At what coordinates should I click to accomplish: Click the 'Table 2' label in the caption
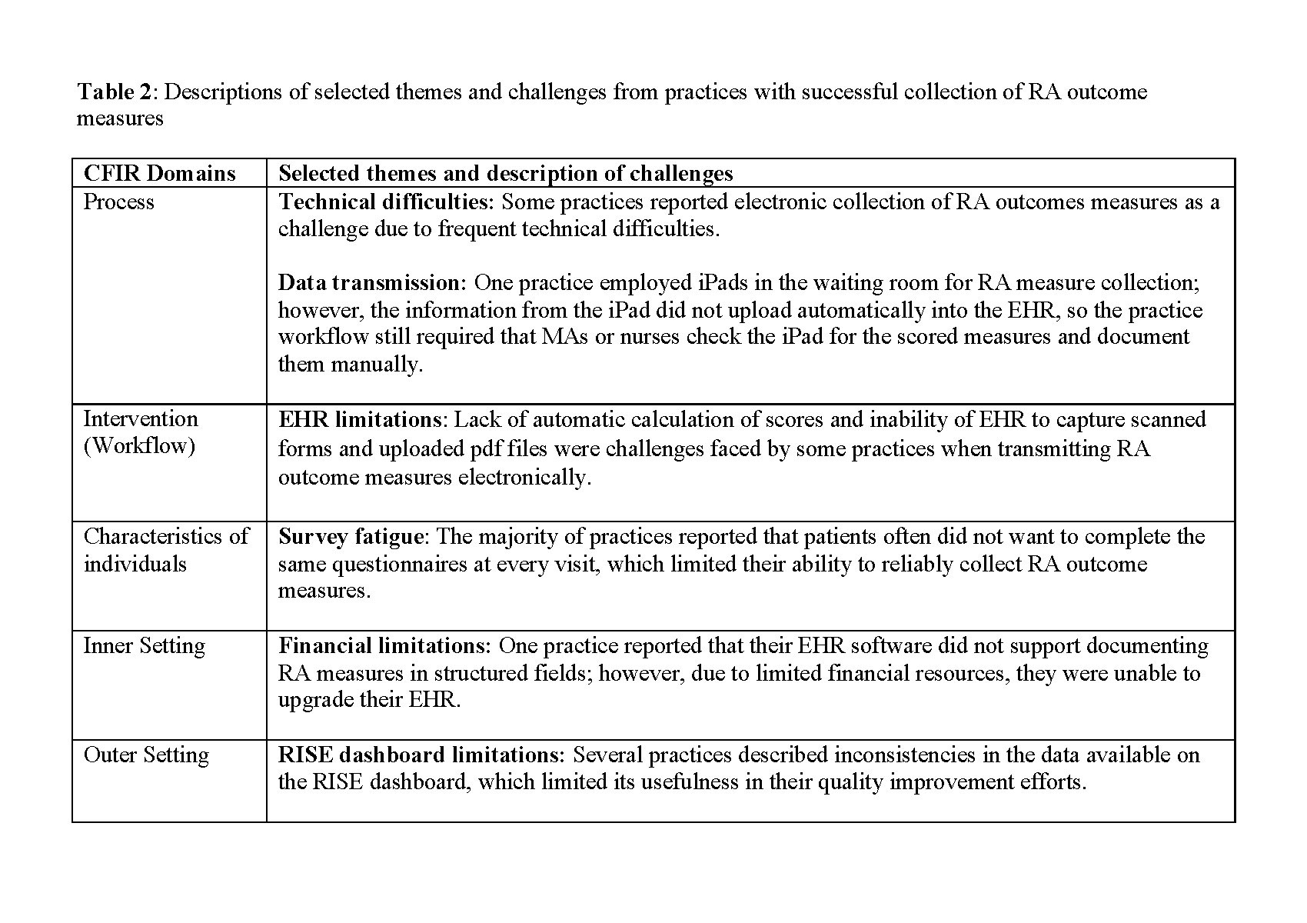(x=116, y=92)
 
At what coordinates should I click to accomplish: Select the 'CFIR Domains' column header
(x=159, y=173)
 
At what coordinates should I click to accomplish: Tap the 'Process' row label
(x=118, y=202)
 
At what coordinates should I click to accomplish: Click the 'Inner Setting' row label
(x=144, y=645)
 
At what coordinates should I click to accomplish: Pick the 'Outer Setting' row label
(x=145, y=755)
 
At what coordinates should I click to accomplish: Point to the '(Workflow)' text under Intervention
(x=139, y=446)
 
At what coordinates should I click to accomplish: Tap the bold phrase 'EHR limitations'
(x=359, y=420)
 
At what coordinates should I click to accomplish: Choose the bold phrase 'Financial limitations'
(x=384, y=645)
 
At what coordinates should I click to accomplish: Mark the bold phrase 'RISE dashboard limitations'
(x=421, y=755)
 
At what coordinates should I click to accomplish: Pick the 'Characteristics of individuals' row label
(x=166, y=550)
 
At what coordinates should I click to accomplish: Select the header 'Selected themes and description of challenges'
(x=505, y=173)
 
